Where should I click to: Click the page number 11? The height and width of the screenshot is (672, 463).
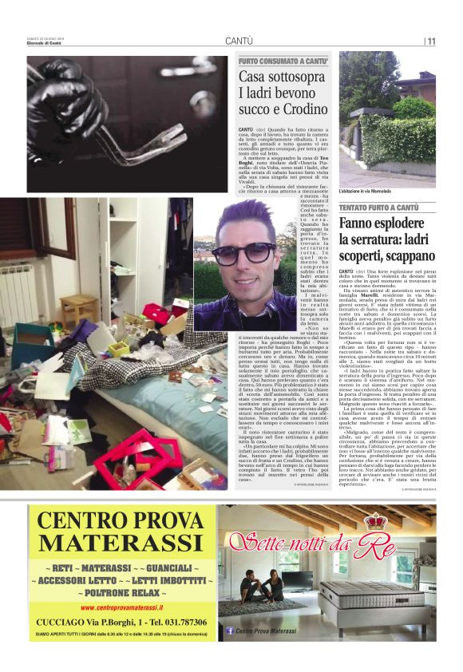[x=431, y=42]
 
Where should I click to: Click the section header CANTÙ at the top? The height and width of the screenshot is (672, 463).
[x=239, y=41]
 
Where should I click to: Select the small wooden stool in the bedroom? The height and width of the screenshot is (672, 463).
[x=80, y=307]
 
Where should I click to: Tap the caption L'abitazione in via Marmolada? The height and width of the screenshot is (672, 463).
[x=368, y=192]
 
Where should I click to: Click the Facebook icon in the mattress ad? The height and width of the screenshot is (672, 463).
[x=229, y=630]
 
